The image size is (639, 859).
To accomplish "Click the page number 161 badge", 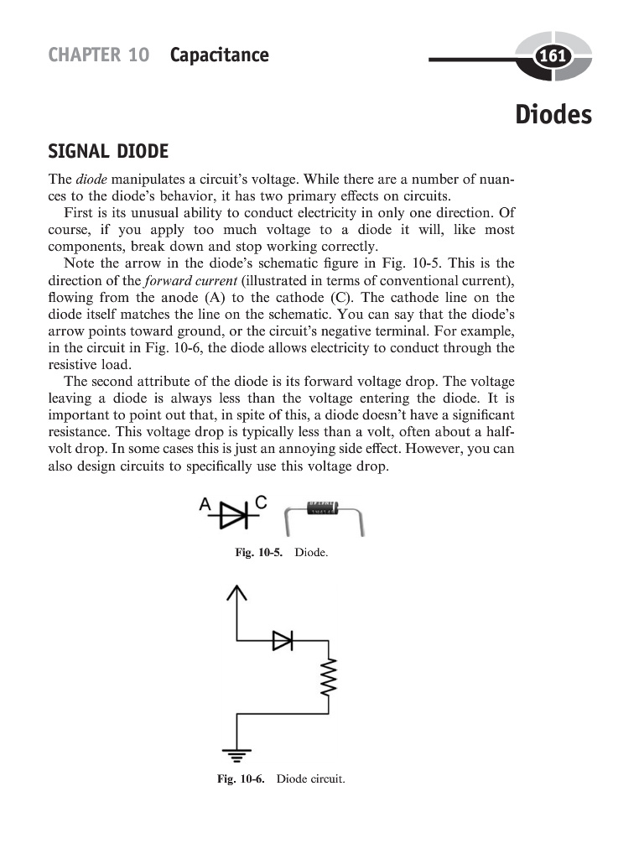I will tap(553, 57).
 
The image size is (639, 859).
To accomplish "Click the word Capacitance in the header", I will tap(219, 55).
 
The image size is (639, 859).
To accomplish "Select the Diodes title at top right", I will tap(553, 114).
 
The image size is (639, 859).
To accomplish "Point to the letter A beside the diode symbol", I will tap(205, 504).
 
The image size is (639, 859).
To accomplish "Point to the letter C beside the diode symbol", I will tap(260, 502).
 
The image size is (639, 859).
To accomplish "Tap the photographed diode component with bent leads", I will tap(325, 513).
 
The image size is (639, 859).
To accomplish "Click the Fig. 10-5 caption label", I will tap(259, 554).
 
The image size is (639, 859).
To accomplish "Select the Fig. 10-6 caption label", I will tap(241, 779).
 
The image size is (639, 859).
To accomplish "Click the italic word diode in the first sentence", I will tap(91, 180).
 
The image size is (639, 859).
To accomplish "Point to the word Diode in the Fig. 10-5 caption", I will tap(313, 554).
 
